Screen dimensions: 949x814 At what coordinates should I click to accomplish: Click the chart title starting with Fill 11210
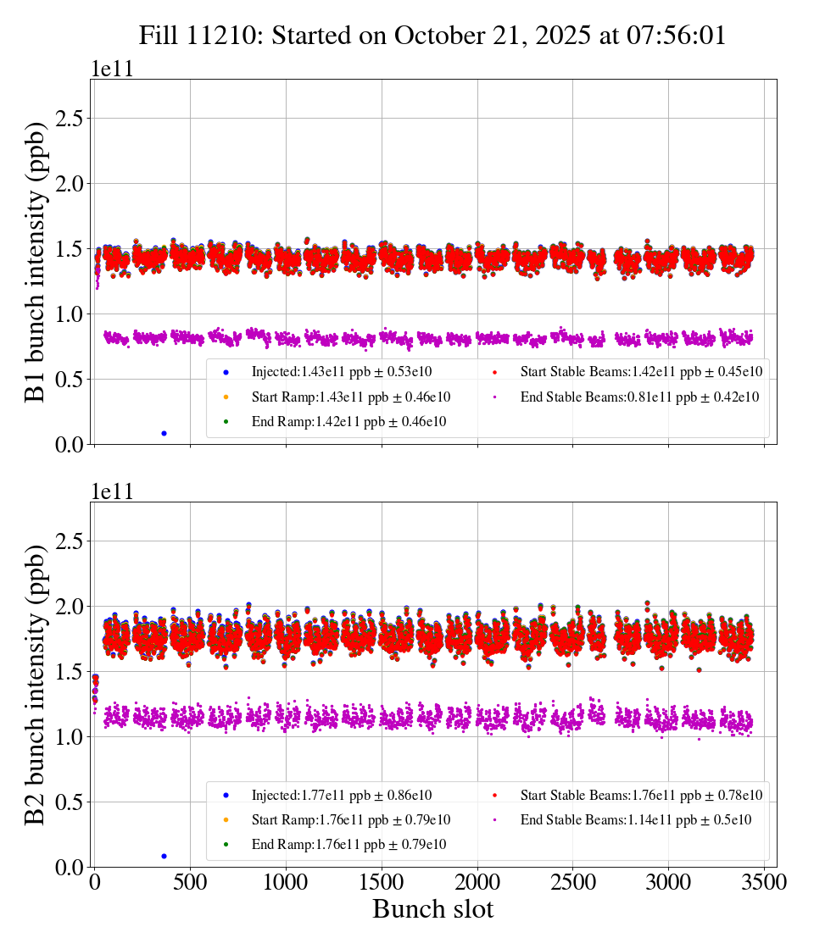(432, 36)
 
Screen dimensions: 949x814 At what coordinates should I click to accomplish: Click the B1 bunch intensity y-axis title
(36, 261)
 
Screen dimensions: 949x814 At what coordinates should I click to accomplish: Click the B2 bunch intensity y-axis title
(36, 685)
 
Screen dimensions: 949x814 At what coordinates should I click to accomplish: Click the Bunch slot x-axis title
(432, 910)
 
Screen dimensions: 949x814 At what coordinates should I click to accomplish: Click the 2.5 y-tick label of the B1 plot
(73, 119)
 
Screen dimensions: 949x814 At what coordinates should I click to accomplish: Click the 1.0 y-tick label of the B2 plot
(73, 737)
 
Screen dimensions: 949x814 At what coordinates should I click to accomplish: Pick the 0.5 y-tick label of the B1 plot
(73, 380)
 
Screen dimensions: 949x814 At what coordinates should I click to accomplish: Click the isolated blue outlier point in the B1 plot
(164, 433)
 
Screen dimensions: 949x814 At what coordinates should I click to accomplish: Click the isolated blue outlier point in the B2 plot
(164, 856)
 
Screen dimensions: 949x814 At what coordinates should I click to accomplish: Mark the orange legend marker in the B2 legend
(227, 819)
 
